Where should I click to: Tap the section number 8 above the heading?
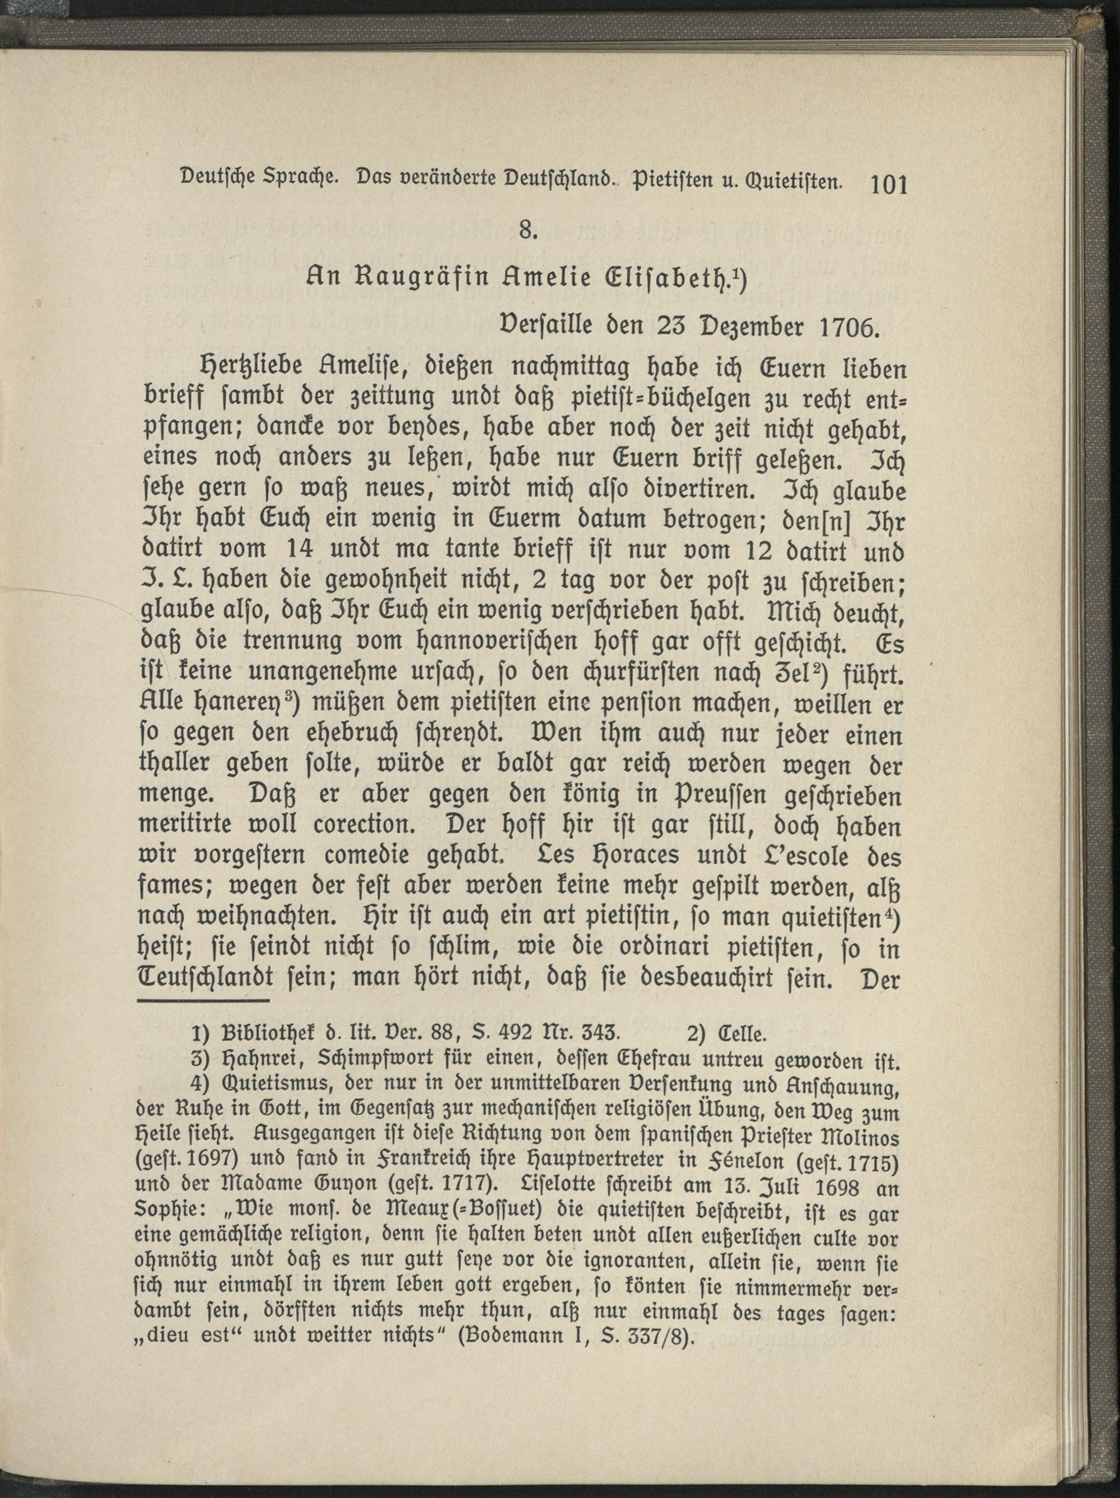528,231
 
